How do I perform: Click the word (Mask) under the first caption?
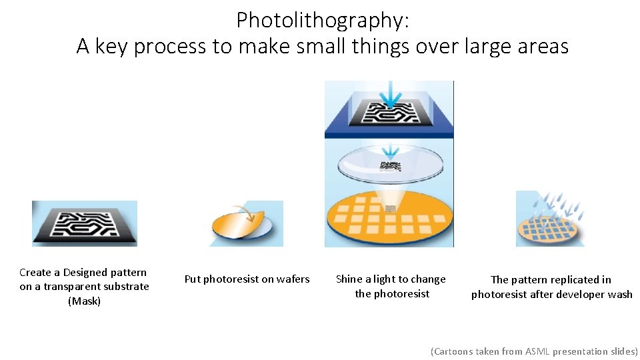pyautogui.click(x=85, y=301)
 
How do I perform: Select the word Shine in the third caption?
pyautogui.click(x=349, y=279)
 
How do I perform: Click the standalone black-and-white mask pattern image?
pyautogui.click(x=85, y=223)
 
